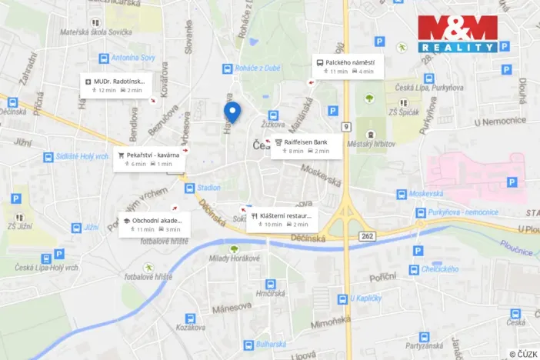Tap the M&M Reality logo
(458, 34)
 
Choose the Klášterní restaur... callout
(282, 220)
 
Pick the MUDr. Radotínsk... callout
(118, 85)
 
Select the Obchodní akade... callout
(155, 224)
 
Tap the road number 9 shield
(347, 126)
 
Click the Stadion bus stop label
(208, 187)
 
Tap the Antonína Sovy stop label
(133, 58)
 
